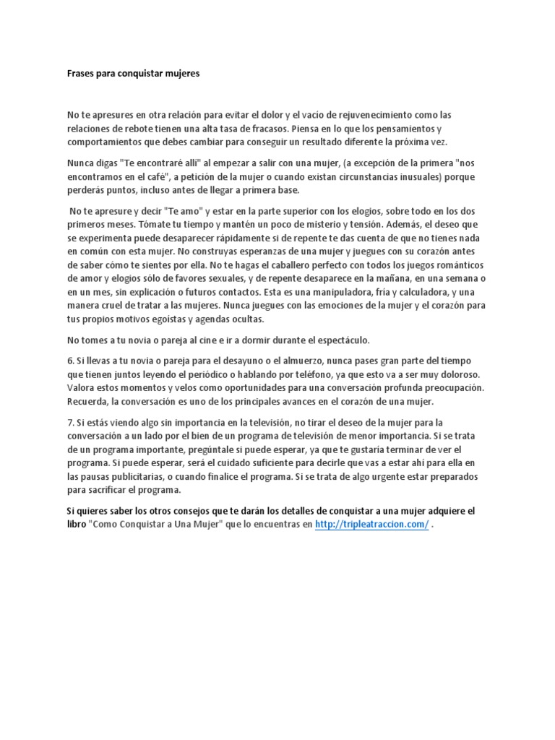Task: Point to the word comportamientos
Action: point(109,142)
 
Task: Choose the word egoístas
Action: point(168,319)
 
